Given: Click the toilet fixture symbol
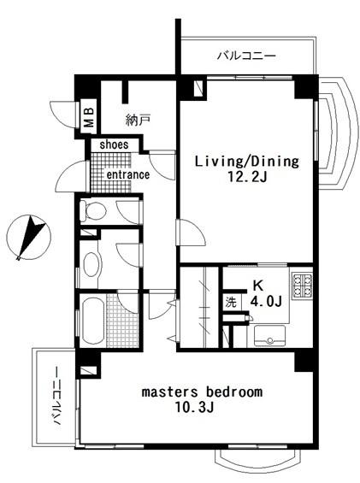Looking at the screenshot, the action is tap(93, 211).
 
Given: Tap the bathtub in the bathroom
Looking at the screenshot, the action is tap(93, 321).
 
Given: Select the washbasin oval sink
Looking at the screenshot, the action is tap(92, 264).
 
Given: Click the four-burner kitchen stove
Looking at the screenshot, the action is tap(302, 286).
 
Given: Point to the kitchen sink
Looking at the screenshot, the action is tap(269, 335).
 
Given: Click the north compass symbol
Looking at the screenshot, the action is tap(28, 237).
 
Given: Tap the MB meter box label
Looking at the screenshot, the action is tap(89, 117).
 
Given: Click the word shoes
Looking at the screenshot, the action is tap(114, 144).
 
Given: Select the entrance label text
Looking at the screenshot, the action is tap(128, 174).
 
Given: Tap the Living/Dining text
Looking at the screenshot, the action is tap(247, 162).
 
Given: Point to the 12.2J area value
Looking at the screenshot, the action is tap(247, 177).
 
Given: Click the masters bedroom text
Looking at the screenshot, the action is tap(202, 392).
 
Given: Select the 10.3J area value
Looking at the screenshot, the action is tap(194, 408).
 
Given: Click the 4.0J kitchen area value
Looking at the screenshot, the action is tap(266, 302).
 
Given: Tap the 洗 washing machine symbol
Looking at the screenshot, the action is tap(231, 302).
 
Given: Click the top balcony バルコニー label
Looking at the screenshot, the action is tap(246, 56).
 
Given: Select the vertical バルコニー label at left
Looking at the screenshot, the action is tap(56, 396).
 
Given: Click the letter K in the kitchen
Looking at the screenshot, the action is tap(258, 286).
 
